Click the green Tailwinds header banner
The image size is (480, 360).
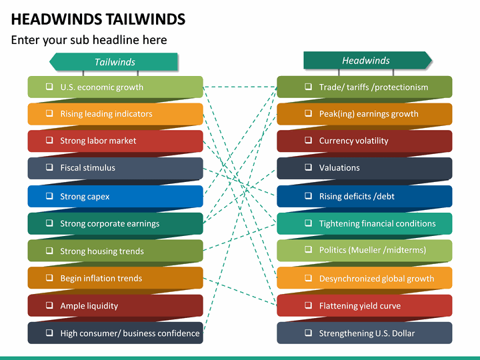(x=114, y=62)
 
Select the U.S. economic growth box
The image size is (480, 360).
(x=115, y=87)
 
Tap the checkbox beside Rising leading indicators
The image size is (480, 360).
(x=49, y=114)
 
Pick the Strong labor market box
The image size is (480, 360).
(x=115, y=141)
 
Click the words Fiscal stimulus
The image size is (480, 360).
(x=87, y=169)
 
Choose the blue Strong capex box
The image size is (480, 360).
(x=115, y=197)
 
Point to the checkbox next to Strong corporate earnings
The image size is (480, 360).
(x=49, y=224)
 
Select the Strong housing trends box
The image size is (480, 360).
(x=115, y=251)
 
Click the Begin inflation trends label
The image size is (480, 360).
(x=101, y=279)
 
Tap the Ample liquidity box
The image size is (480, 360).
(x=115, y=306)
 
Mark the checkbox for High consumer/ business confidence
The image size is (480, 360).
(x=49, y=333)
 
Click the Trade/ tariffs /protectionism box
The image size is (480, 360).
(x=364, y=87)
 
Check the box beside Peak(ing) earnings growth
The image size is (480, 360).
(x=308, y=114)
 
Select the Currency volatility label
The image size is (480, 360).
(x=353, y=141)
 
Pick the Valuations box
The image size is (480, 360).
(x=364, y=169)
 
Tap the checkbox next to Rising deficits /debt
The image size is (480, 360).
(x=308, y=197)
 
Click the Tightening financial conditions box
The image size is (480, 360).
(x=364, y=224)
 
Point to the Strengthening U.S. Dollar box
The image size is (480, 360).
(x=364, y=333)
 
